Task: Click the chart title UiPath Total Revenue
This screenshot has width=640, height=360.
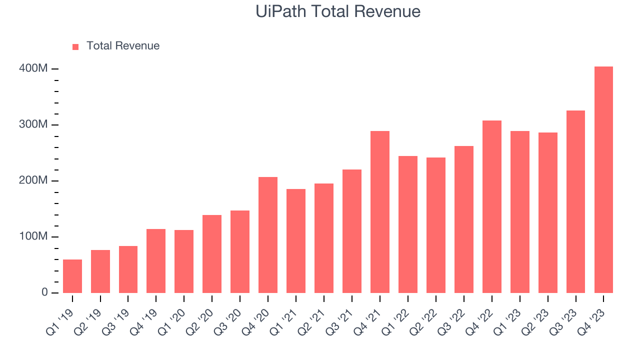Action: click(338, 11)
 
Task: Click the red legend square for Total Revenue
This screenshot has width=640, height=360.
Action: click(75, 46)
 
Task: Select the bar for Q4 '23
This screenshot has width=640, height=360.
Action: click(603, 179)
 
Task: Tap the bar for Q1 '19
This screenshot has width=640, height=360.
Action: click(72, 276)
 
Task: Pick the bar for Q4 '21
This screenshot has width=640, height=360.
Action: click(380, 212)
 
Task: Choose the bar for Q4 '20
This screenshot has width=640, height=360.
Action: click(268, 235)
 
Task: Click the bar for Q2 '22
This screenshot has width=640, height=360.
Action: click(436, 225)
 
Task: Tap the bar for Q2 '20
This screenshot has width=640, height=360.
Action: click(212, 254)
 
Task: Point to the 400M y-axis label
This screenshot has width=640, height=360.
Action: click(33, 68)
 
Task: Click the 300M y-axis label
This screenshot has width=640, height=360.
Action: click(33, 124)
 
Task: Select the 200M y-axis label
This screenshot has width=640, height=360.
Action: click(33, 180)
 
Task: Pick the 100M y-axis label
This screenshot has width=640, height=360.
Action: click(33, 236)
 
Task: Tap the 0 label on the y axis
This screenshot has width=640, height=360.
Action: click(44, 292)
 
